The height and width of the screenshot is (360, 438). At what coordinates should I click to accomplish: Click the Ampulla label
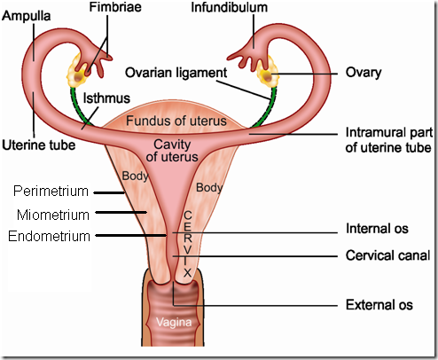click(x=26, y=17)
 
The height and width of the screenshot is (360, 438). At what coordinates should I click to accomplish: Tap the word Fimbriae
click(x=115, y=7)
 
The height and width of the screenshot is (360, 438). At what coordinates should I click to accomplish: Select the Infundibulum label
click(x=230, y=7)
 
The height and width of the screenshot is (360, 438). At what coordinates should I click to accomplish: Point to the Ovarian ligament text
click(x=176, y=73)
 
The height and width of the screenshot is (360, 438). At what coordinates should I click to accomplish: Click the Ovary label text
click(x=364, y=73)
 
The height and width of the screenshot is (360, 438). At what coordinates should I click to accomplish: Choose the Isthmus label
click(x=106, y=98)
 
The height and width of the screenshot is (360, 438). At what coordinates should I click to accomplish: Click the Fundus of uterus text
click(x=176, y=121)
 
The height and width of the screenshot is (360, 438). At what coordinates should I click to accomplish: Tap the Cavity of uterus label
click(x=172, y=151)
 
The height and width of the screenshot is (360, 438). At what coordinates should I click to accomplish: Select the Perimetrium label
click(x=51, y=192)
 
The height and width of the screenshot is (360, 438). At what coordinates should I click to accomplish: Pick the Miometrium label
click(x=53, y=215)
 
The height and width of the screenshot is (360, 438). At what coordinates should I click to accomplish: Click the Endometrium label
click(x=49, y=237)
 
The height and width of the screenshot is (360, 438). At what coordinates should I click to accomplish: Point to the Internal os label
click(x=377, y=229)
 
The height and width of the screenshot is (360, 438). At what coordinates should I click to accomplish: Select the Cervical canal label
click(x=387, y=255)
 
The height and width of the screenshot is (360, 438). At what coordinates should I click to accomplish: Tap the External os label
click(x=379, y=305)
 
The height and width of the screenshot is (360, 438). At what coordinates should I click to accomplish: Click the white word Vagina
click(x=174, y=322)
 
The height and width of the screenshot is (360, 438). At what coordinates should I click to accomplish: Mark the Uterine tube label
click(x=39, y=145)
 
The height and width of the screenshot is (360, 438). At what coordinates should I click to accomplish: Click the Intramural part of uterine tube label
click(x=388, y=140)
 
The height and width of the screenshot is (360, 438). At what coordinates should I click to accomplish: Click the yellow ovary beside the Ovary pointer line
click(x=268, y=73)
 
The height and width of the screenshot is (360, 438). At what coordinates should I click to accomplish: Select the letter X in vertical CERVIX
click(x=187, y=273)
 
